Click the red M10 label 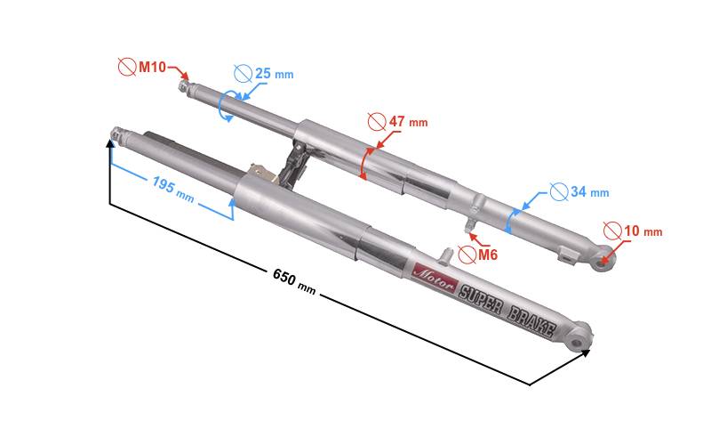coord(152,68)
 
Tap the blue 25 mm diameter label coord(274,74)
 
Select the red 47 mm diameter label coord(408,122)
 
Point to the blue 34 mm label coord(589,191)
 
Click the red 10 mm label coord(643,231)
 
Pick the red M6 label coord(488,255)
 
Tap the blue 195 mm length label coord(173,190)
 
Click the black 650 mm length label coord(294,281)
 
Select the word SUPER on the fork coord(481,299)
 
